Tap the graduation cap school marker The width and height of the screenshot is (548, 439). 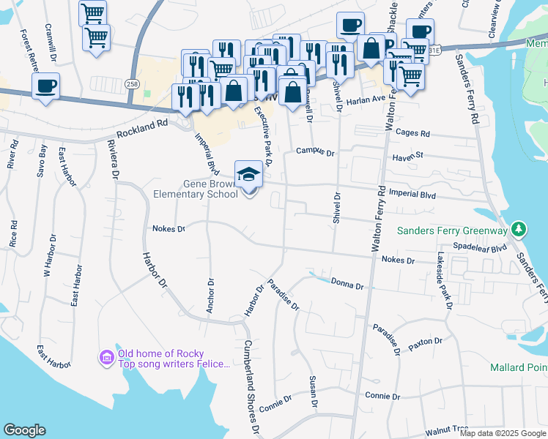point(249,175)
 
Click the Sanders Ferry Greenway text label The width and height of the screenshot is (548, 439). point(452,230)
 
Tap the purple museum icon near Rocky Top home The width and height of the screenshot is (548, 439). point(106,356)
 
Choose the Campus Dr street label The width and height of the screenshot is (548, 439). point(315,152)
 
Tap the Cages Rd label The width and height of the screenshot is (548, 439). point(412,134)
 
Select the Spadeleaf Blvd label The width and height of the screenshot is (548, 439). point(480,248)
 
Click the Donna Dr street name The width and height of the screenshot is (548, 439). point(347,283)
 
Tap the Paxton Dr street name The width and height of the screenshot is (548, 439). point(426,342)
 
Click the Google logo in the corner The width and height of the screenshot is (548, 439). point(24,430)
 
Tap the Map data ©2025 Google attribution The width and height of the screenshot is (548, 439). point(503,433)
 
